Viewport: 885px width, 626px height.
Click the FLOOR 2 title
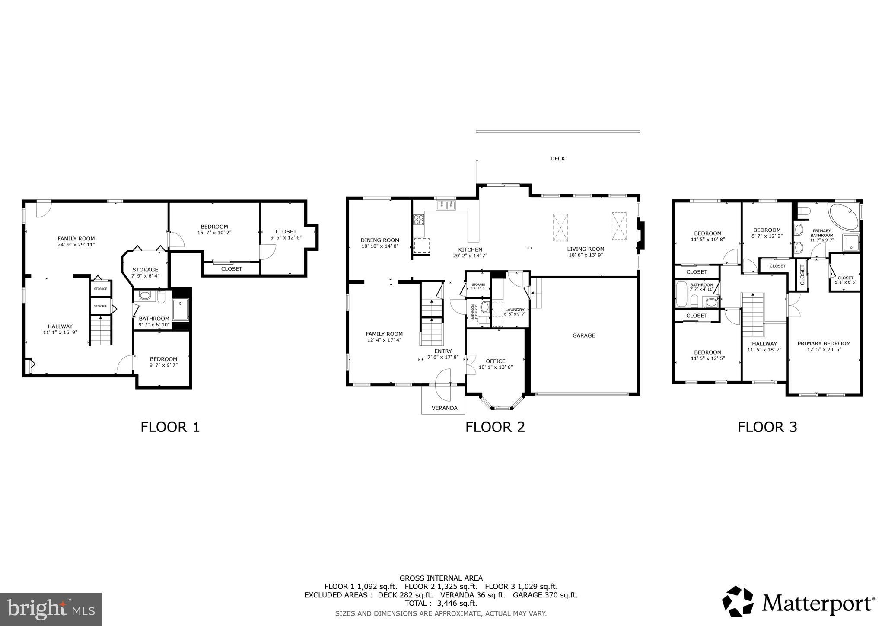coord(495,427)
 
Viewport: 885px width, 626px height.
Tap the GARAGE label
coord(583,335)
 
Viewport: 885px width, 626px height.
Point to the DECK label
coord(557,159)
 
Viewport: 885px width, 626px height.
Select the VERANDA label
coord(444,408)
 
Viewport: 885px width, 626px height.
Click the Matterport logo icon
coord(739,601)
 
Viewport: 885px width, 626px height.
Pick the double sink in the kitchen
coord(446,206)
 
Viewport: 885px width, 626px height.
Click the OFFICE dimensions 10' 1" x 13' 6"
coord(495,367)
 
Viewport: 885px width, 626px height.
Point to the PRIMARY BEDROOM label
coord(824,344)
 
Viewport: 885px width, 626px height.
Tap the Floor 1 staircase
coord(101,330)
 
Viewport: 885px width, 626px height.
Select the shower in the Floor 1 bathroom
coord(181,309)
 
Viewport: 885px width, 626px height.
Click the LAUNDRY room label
coord(515,310)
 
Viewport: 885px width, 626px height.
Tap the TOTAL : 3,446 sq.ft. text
coord(441,603)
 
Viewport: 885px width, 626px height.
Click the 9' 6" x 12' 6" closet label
coord(286,237)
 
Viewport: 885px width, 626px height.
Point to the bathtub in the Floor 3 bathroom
coord(681,294)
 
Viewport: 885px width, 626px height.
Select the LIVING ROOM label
coord(586,249)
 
